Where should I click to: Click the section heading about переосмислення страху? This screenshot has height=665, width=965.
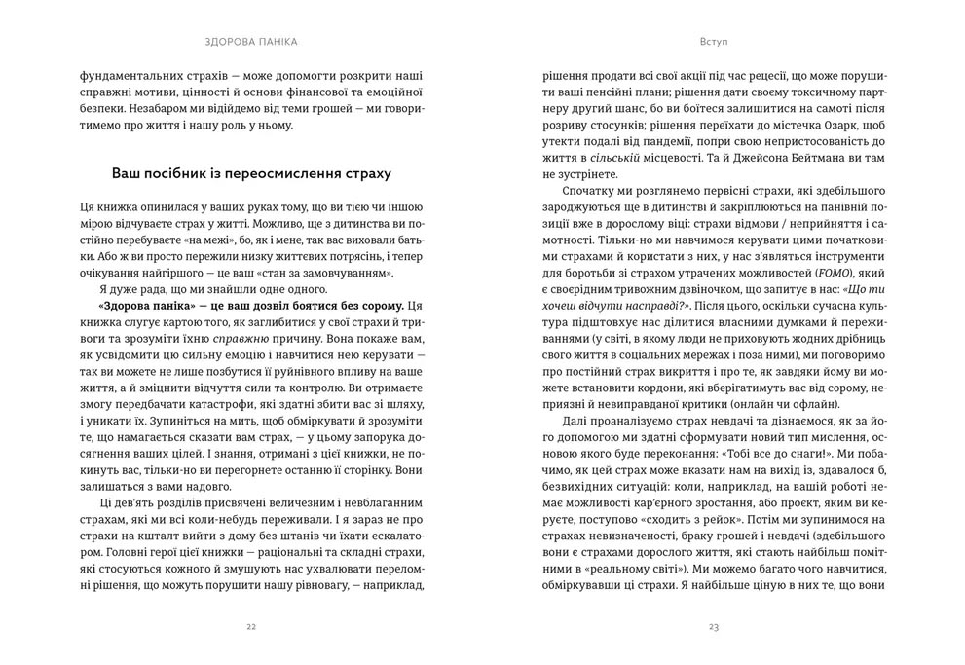point(251,175)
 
